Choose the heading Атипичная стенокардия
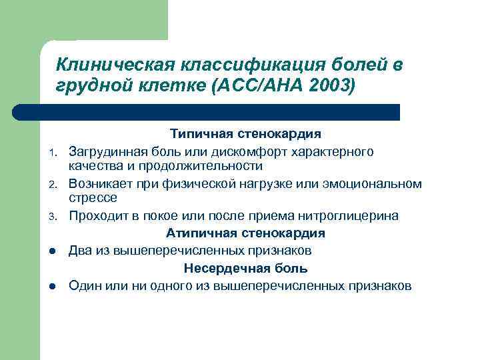point(245,233)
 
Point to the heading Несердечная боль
point(245,269)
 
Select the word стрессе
point(93,197)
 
